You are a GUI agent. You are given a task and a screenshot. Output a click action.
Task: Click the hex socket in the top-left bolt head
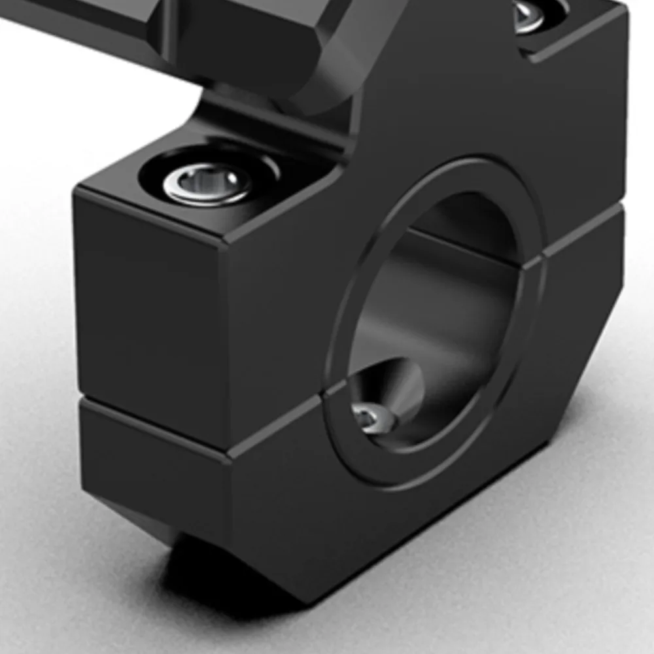[208, 180]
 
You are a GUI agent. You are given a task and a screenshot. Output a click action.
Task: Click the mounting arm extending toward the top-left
[98, 20]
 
